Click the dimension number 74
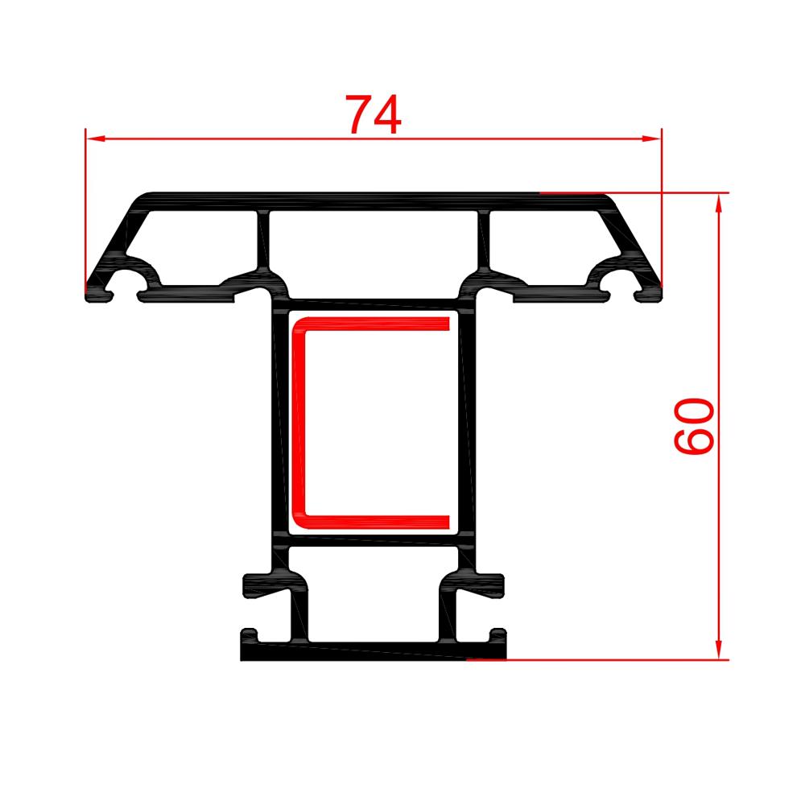(374, 114)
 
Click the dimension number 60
(694, 426)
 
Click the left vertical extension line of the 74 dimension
(85, 209)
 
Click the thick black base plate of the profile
(354, 652)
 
